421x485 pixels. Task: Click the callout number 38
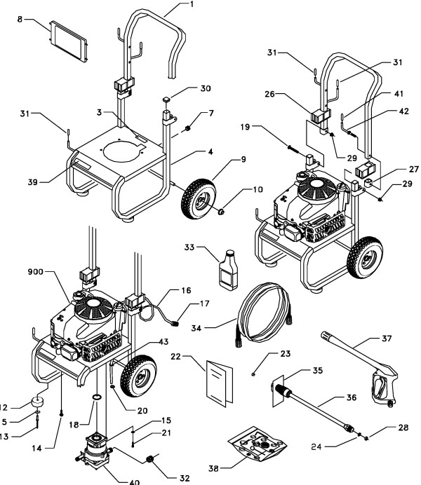pyautogui.click(x=218, y=465)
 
